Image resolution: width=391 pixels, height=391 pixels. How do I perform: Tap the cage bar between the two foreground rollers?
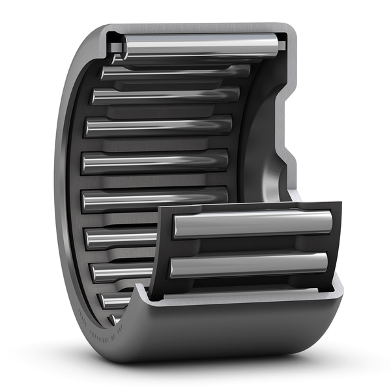tap(251, 245)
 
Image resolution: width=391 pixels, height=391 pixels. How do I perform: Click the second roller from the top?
tap(176, 72)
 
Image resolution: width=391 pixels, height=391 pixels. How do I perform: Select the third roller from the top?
tap(166, 95)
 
